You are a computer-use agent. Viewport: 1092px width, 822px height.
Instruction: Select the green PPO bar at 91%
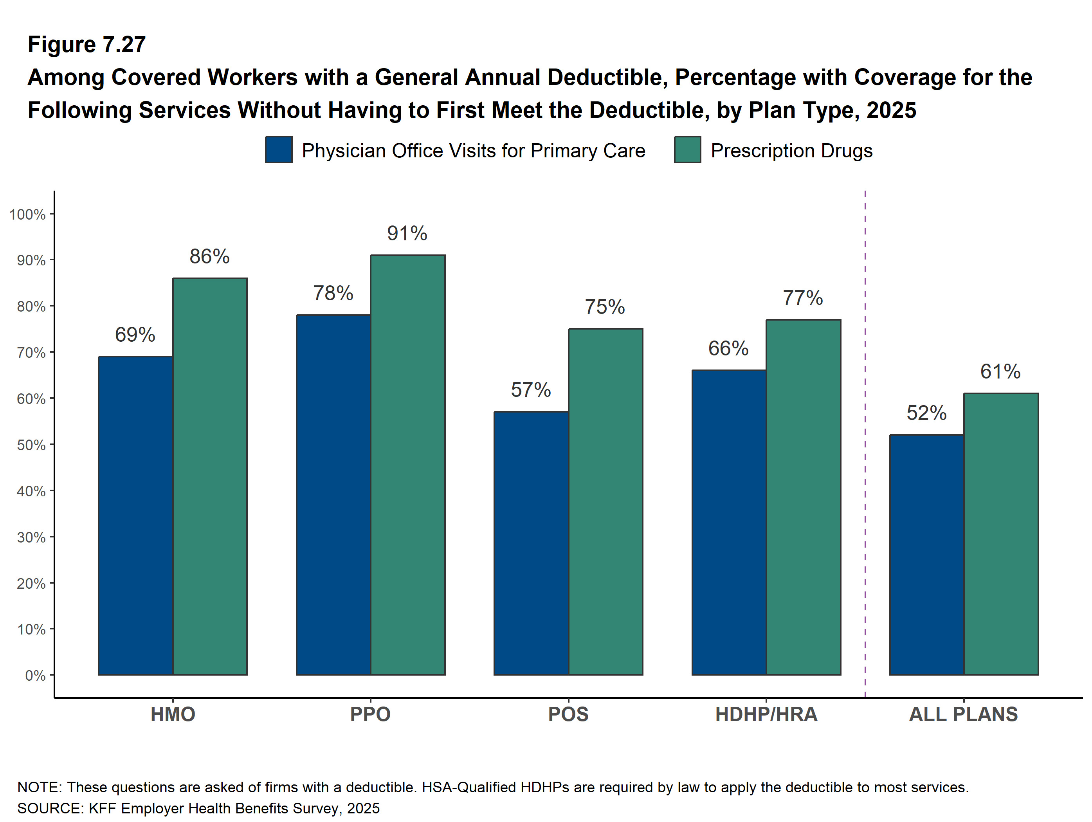pos(408,465)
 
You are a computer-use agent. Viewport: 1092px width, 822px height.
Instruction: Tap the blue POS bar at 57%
pos(531,543)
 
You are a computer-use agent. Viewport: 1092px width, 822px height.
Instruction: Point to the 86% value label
pos(209,256)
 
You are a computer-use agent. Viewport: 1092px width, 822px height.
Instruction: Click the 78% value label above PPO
pos(333,293)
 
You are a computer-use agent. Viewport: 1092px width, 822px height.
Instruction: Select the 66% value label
pos(728,348)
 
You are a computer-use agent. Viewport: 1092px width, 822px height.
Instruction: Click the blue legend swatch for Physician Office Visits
pos(278,150)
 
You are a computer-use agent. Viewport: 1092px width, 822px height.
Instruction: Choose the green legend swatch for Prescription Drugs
pos(687,150)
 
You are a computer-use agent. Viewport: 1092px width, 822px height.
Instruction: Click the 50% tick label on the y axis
pos(31,445)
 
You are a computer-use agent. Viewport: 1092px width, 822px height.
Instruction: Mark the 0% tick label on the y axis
pos(35,675)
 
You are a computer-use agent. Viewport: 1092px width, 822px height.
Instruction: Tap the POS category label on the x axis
pos(568,714)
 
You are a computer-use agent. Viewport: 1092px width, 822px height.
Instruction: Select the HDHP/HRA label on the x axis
pos(766,714)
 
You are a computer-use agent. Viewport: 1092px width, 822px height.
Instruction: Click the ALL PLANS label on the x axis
pos(964,714)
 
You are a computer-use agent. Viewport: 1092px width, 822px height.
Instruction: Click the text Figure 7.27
pos(87,45)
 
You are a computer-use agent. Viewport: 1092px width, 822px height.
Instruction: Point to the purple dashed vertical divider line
pos(865,444)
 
